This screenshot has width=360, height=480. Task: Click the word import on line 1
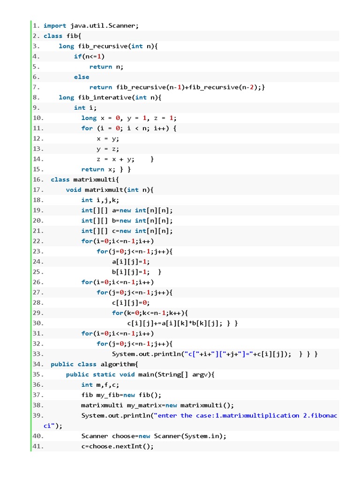pos(55,26)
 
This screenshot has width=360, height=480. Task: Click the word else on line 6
pos(82,77)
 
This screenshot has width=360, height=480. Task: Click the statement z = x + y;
pos(115,159)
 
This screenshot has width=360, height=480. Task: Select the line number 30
pos(38,323)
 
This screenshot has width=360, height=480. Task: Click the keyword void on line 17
pos(74,190)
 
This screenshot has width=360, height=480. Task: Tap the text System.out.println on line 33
pos(146,354)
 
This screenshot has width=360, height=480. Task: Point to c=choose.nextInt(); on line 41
pos(117,446)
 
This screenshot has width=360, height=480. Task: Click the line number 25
pos(38,272)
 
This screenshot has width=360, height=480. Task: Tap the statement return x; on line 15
pos(98,169)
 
